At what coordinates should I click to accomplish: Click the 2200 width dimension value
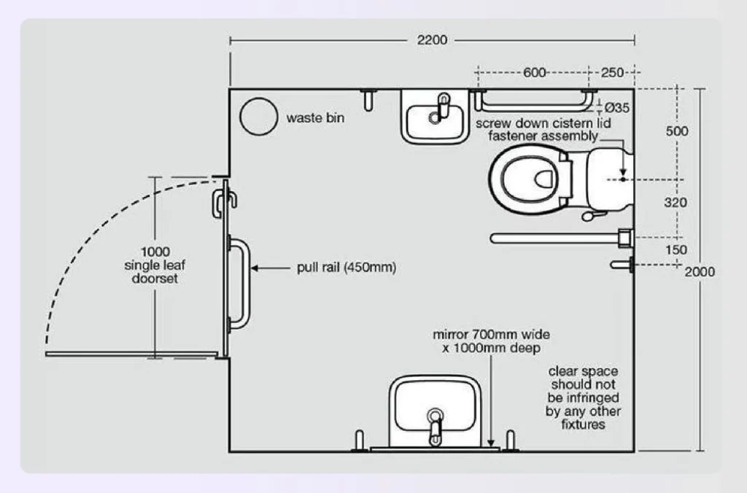(432, 40)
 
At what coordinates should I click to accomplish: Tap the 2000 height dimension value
(700, 271)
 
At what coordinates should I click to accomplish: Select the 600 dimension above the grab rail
(535, 72)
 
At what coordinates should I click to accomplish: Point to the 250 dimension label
(613, 72)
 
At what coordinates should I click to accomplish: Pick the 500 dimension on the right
(677, 131)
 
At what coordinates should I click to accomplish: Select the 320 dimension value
(676, 203)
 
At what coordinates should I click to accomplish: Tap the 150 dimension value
(676, 250)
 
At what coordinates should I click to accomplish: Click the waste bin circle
(259, 117)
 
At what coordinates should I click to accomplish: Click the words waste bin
(315, 117)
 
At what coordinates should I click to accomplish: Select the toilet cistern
(602, 178)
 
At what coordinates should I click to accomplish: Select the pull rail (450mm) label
(347, 268)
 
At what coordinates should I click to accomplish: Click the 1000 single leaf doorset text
(155, 265)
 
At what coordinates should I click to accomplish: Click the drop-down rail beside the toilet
(554, 238)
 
